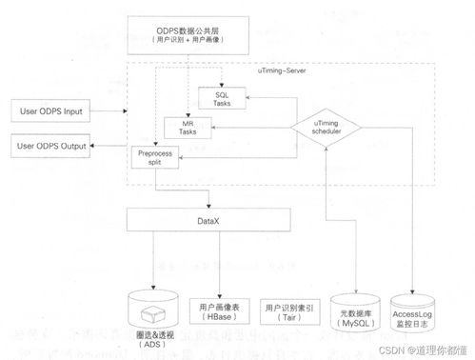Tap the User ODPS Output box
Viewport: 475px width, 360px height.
50,147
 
